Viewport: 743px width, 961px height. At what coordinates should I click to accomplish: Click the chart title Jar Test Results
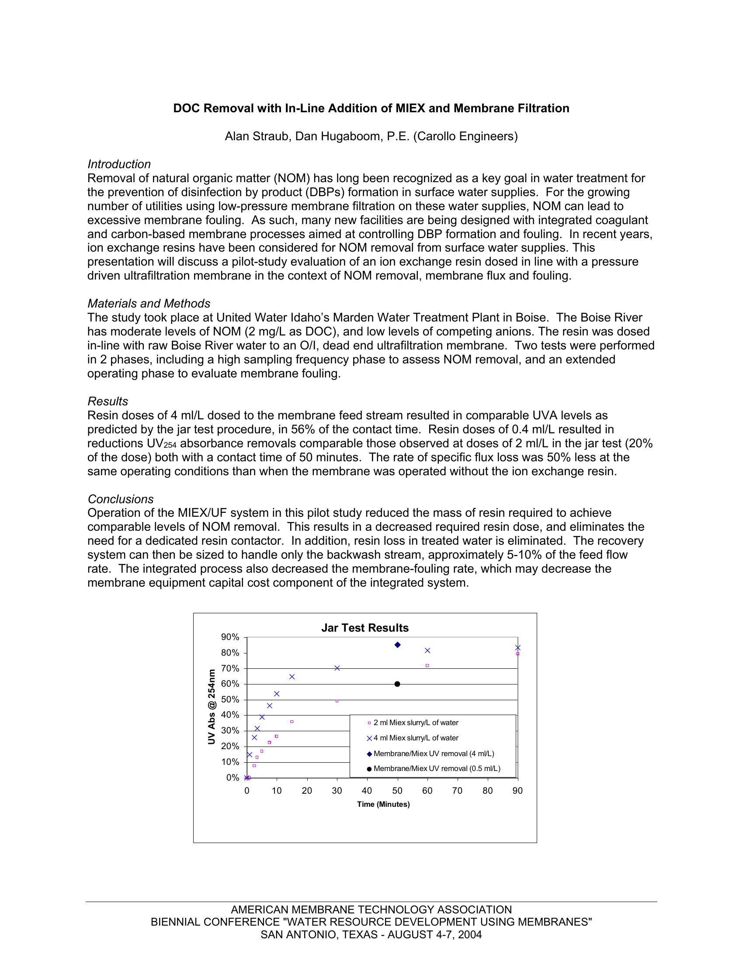pos(365,628)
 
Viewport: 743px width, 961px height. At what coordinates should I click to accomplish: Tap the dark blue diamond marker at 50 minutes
pos(397,645)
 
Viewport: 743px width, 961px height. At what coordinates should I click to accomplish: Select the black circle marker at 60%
pos(397,684)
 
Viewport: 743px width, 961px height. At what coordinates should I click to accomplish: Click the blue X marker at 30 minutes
pos(337,668)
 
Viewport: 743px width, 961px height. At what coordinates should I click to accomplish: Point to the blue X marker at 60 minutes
pos(427,650)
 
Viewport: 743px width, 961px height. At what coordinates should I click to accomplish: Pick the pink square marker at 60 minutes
pos(427,666)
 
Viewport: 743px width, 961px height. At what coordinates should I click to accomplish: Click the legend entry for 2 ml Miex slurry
pos(416,722)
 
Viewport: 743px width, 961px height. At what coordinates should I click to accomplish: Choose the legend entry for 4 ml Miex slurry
pos(416,738)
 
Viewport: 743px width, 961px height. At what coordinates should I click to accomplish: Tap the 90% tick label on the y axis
pos(230,637)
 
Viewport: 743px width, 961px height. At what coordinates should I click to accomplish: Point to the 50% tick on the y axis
pos(230,700)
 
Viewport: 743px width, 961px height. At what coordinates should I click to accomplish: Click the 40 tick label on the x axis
pos(367,791)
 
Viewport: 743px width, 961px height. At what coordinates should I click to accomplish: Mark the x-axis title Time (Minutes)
pos(383,804)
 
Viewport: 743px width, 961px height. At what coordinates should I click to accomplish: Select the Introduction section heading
pos(119,164)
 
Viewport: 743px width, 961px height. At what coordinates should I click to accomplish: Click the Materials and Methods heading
pos(149,304)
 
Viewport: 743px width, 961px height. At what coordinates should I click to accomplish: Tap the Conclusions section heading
pos(121,499)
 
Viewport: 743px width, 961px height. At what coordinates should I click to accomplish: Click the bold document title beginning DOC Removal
pos(371,108)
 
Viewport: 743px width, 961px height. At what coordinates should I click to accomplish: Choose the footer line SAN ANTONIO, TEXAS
pos(371,935)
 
